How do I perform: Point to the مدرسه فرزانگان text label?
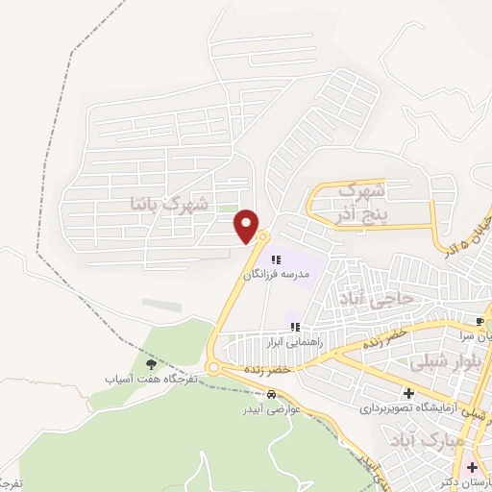pos(277,275)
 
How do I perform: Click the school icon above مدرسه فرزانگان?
pos(277,259)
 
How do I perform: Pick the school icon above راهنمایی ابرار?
pos(298,327)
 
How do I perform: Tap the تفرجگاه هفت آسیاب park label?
pos(151,379)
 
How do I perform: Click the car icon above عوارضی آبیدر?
pos(273,395)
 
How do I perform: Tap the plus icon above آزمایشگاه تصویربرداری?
pos(408,393)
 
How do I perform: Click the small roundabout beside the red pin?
pos(263,236)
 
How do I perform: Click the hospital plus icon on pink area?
pos(471,468)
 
